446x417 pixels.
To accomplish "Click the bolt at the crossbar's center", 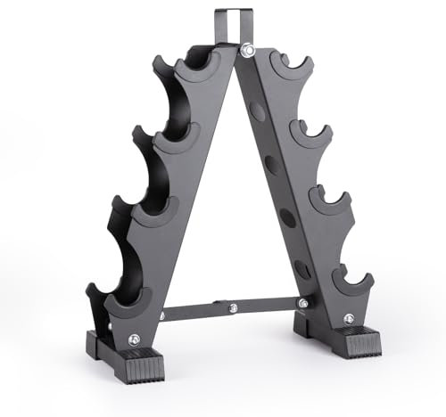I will (232, 308).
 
